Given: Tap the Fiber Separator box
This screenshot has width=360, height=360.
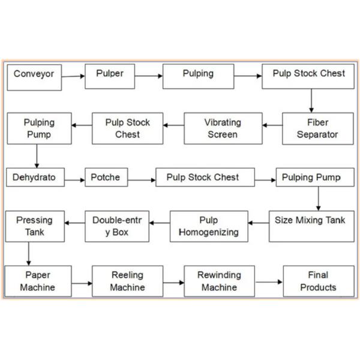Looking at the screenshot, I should point(318,128).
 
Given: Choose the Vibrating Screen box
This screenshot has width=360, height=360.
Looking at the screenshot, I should point(223,128).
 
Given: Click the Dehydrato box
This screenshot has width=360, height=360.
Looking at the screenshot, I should point(35,178).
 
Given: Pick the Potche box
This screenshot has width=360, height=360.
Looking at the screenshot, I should point(106,178).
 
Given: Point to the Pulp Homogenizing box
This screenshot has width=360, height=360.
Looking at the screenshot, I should point(209,226).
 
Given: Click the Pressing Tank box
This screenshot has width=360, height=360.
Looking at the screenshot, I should point(35,226).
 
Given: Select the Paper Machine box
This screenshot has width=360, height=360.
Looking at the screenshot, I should point(37,281).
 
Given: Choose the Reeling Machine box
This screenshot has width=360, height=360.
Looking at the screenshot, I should point(127,281).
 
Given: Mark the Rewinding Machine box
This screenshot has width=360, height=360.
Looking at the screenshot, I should point(219,281).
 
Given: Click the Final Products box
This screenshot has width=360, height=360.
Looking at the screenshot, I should point(318,281).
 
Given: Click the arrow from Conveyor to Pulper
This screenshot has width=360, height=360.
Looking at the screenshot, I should point(73,76).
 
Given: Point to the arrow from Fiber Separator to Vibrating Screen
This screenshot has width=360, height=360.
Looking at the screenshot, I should point(273,125).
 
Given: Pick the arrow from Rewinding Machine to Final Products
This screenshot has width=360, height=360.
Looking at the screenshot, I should point(269,281).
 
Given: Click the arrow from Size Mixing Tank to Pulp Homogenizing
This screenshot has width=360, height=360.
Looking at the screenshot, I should point(259,223).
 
